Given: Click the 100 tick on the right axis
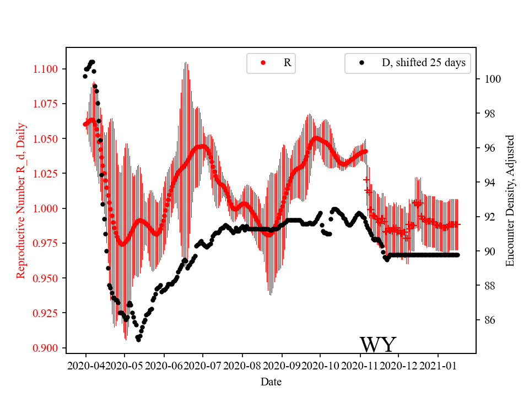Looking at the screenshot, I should tap(492, 79).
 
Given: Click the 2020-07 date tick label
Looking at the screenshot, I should tap(203, 365).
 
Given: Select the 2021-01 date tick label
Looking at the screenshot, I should tap(438, 365).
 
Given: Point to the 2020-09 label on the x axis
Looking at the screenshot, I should tap(282, 365).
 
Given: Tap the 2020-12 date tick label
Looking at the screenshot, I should tap(399, 365).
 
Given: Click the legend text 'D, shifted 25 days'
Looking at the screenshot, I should tap(423, 63).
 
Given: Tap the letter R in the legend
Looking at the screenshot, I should tap(287, 63).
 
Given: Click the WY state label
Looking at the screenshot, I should tap(377, 345).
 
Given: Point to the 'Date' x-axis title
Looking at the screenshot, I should tap(271, 381).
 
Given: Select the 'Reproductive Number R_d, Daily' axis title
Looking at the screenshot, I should tap(21, 200).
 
